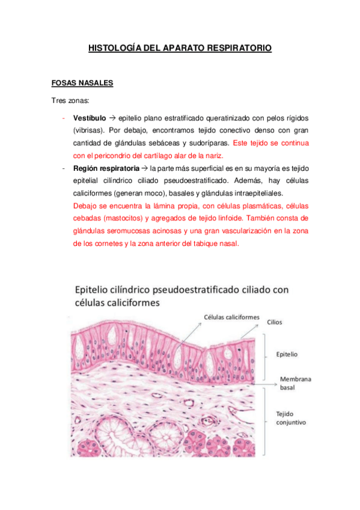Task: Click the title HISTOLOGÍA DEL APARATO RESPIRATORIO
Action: [x=180, y=46]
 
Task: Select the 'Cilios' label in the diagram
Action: [x=275, y=322]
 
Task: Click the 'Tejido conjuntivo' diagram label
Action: [x=291, y=418]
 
